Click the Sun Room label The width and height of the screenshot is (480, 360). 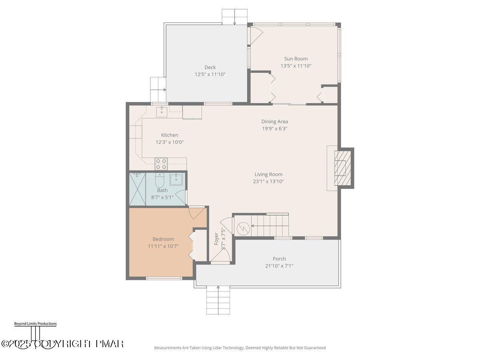click(296, 58)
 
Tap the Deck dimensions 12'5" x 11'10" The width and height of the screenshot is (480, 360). click(210, 74)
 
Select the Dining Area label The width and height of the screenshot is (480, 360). click(275, 121)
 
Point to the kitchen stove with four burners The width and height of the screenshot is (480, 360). click(161, 164)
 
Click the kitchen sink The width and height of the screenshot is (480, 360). click(162, 112)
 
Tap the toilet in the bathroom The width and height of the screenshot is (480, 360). click(159, 179)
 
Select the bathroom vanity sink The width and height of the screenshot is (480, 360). click(176, 179)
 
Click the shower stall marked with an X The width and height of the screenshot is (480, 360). click(137, 189)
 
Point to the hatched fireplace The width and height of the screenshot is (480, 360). click(343, 168)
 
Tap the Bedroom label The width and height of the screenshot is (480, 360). click(163, 239)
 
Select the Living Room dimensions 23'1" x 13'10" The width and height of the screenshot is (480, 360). click(268, 181)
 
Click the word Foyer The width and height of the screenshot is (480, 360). click(216, 239)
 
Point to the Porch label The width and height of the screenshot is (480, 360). click(279, 258)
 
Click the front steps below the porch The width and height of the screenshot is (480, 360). click(218, 300)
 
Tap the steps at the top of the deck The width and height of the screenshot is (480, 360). click(235, 17)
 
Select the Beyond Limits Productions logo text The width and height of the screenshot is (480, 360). click(36, 324)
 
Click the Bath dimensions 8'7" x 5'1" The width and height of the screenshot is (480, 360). click(162, 197)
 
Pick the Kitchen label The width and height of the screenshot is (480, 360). click(170, 135)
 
